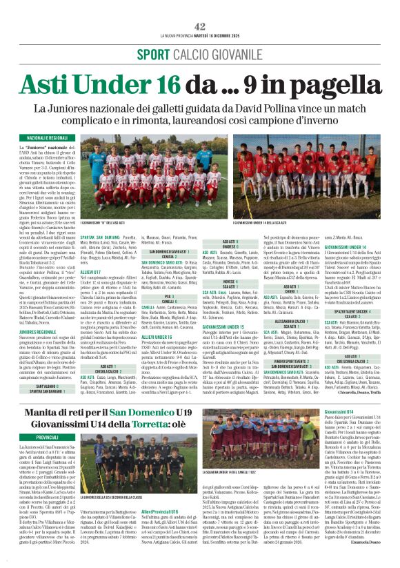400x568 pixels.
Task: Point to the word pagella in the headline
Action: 328,84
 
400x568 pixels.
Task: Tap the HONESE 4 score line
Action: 235,263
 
